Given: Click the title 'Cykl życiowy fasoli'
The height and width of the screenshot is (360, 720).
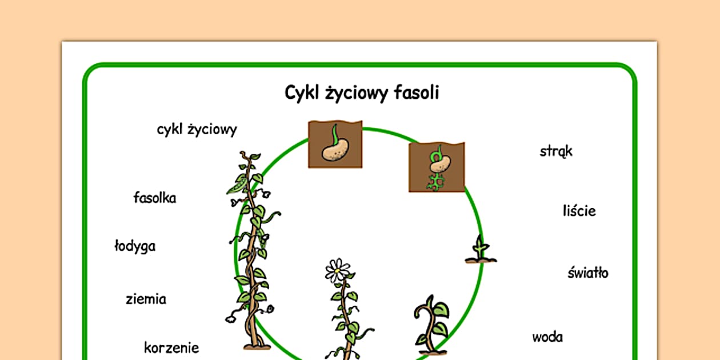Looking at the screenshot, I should [362, 93].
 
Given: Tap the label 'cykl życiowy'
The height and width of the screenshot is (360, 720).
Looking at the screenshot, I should [197, 130].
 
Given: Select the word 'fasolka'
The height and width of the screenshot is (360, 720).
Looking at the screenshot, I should [155, 198].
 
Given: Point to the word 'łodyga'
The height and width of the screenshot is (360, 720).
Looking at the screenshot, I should [135, 246].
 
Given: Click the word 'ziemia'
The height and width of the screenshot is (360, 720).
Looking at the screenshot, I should [146, 298].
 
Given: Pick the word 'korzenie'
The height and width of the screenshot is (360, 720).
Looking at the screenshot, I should [171, 347].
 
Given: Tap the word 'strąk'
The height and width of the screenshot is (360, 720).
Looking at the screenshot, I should [556, 151].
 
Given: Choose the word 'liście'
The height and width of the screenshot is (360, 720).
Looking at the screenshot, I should [579, 211].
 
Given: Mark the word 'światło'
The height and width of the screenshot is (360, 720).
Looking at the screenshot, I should [587, 273].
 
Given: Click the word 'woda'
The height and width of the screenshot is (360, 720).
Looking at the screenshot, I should [547, 337].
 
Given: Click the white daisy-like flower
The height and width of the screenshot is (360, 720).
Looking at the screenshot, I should [338, 270].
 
